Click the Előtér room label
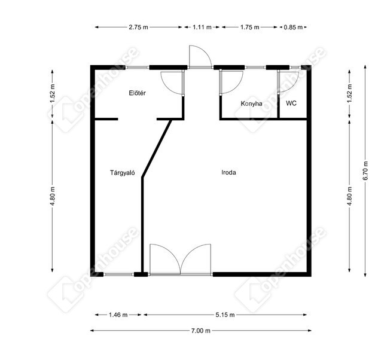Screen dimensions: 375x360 [137, 93]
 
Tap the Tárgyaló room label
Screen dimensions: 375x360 [123, 173]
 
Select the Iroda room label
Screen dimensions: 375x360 [228, 172]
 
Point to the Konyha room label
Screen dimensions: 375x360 [251, 103]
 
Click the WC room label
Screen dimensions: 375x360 [291, 103]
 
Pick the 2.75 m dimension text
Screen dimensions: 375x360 [139, 28]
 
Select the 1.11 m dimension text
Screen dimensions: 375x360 [202, 28]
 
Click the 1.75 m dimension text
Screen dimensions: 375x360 [249, 28]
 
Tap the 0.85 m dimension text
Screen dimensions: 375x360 [293, 28]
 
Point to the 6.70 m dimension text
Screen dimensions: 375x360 [365, 171]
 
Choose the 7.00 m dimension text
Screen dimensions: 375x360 [200, 331]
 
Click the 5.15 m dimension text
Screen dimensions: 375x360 [225, 315]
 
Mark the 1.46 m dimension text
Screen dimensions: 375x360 [118, 315]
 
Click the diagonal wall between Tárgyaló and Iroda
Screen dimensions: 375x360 [157, 148]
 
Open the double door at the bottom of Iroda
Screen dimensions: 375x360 [181, 260]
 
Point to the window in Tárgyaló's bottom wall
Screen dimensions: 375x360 [118, 274]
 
